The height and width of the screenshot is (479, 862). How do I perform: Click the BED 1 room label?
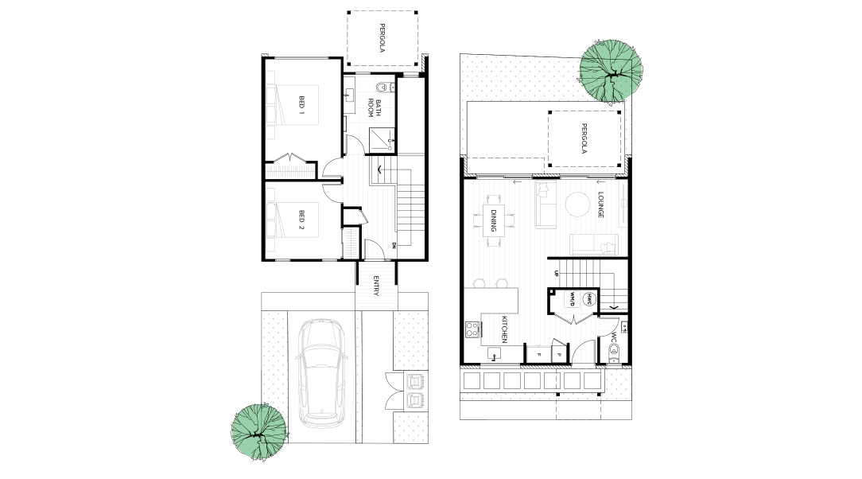pos(301,104)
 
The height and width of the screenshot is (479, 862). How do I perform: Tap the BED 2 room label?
pos(301,220)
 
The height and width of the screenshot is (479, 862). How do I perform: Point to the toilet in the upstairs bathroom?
pos(384,87)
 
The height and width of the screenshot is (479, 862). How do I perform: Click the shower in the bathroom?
pos(382,140)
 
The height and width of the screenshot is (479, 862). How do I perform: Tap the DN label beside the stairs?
pos(394,245)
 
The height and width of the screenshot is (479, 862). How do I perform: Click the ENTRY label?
pos(376,286)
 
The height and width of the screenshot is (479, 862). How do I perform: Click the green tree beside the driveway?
pos(258,432)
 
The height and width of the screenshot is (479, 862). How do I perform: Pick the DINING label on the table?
pos(494,220)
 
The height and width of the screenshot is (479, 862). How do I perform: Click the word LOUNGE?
pos(601,204)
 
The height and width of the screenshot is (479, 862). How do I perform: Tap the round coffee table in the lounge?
pos(577,204)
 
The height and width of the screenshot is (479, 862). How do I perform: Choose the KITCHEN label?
pos(503,329)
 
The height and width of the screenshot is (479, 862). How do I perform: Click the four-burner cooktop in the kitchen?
pos(472,329)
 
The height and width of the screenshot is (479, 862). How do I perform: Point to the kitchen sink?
pos(494,352)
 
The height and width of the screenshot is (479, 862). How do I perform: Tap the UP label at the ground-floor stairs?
pos(557,274)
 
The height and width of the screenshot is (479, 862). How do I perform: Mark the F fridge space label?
pos(539,355)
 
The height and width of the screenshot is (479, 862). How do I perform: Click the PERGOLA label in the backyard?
pos(584,138)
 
